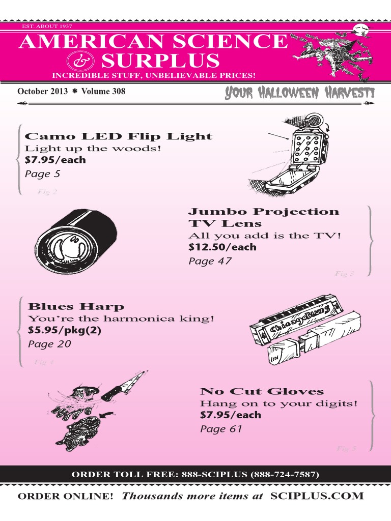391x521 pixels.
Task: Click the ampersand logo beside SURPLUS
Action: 81,62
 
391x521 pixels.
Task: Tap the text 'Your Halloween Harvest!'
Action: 299,93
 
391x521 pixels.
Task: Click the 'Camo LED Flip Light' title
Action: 119,136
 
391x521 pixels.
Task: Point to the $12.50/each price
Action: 222,247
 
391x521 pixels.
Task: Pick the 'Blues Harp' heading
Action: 76,306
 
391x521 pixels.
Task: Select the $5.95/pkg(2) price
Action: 65,331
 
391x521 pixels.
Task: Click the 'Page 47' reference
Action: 210,261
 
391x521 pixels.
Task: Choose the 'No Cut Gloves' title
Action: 262,391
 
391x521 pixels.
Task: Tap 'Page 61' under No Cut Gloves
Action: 221,429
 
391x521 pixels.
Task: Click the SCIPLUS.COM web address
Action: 317,496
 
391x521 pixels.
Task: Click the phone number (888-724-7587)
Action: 284,475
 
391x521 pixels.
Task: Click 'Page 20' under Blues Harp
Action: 49,344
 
